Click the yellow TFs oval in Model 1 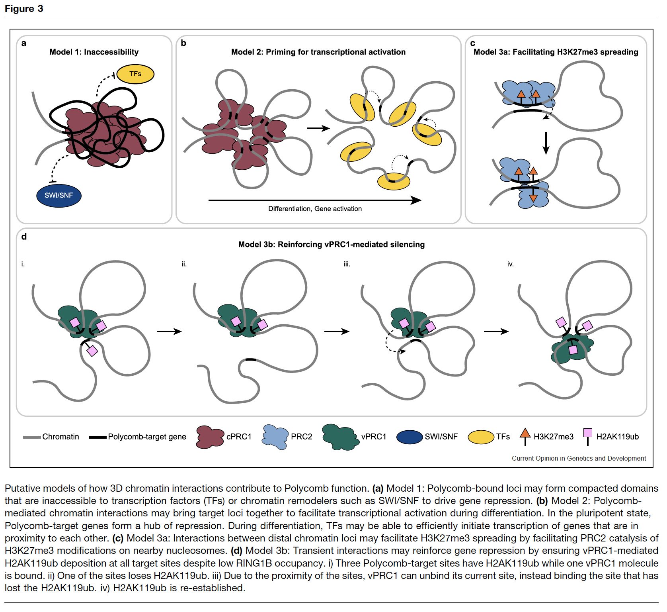click(x=135, y=74)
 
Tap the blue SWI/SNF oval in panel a click(x=59, y=195)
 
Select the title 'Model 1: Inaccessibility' click(x=94, y=52)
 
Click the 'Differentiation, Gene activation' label click(x=315, y=209)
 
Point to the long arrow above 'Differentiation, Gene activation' click(x=314, y=200)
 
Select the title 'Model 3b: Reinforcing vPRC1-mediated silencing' click(x=331, y=244)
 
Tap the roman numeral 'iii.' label click(x=347, y=264)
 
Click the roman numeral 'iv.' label click(x=510, y=264)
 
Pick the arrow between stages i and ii click(x=169, y=331)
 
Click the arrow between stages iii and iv click(x=496, y=331)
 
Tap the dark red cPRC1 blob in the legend click(x=210, y=437)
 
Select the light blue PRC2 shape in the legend click(x=275, y=437)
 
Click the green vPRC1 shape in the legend click(x=339, y=437)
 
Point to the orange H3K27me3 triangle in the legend click(x=525, y=433)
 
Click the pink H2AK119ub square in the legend click(x=587, y=433)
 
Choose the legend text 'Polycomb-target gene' click(x=147, y=437)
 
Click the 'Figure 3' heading click(x=24, y=9)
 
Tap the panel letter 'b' click(x=183, y=43)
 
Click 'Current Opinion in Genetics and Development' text click(x=579, y=458)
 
